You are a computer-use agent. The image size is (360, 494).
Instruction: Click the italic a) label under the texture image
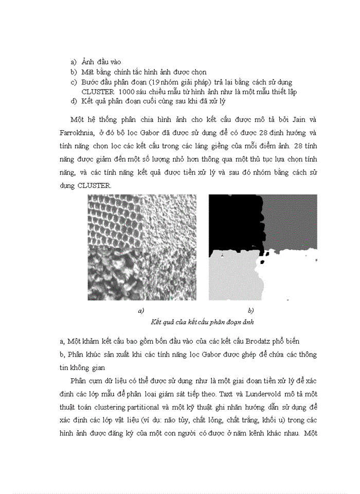click(x=141, y=310)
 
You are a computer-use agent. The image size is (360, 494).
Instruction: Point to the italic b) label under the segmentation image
click(x=250, y=310)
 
